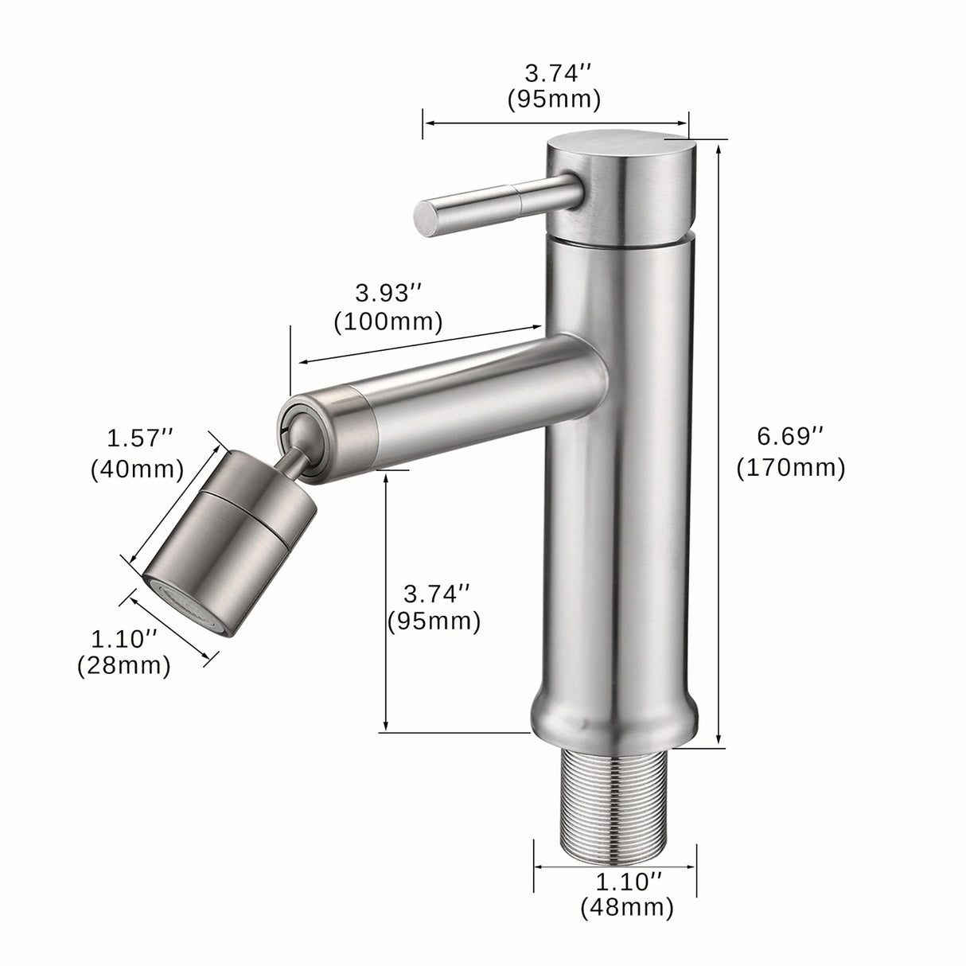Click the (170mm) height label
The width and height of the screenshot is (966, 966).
click(x=790, y=467)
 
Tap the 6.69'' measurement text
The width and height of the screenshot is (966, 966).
click(x=790, y=436)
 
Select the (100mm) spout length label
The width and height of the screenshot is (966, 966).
click(x=388, y=321)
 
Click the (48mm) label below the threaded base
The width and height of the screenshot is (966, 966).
click(x=627, y=906)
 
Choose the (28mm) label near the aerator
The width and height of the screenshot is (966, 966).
click(x=124, y=665)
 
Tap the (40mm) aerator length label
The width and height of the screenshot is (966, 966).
click(x=138, y=469)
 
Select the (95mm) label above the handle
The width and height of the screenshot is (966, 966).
click(x=554, y=99)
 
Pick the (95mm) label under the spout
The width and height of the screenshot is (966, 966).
click(x=434, y=621)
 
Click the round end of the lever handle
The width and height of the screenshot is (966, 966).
click(x=426, y=218)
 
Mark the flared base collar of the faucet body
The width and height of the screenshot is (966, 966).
click(x=615, y=712)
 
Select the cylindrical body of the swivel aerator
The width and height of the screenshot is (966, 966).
click(x=239, y=525)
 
